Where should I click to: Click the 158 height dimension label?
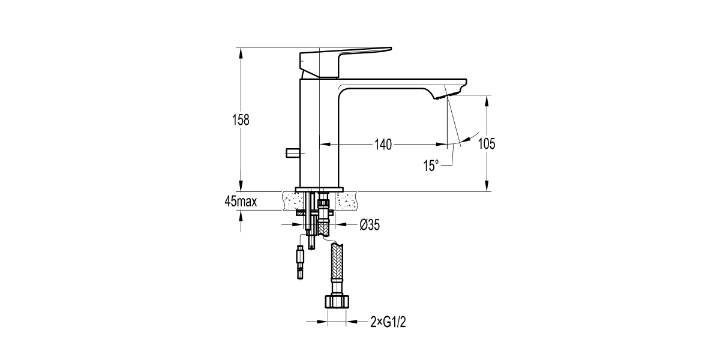click(x=241, y=120)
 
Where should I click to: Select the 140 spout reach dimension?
click(x=383, y=145)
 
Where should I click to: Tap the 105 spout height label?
click(x=487, y=143)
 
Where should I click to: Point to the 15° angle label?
click(x=431, y=166)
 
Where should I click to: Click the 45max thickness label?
click(x=241, y=202)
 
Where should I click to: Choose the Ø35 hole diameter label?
click(x=370, y=224)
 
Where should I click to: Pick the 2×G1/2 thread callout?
click(x=388, y=322)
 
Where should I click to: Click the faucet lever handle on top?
click(x=346, y=62)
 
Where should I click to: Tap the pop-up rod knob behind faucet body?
click(x=292, y=152)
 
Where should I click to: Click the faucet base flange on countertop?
click(x=319, y=190)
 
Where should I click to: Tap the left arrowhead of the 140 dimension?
click(x=325, y=145)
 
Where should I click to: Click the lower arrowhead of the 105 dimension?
click(x=487, y=186)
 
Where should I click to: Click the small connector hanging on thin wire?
click(x=300, y=263)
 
